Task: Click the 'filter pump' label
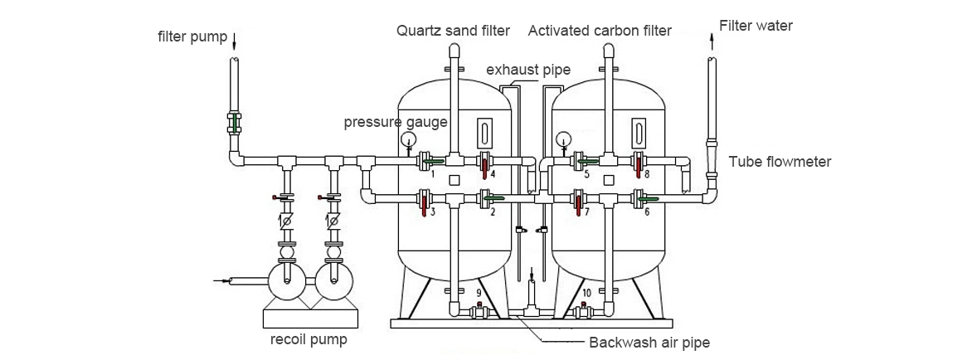tap(192, 36)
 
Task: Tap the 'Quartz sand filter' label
tap(452, 32)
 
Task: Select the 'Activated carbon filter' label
tap(600, 32)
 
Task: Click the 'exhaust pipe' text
tap(527, 70)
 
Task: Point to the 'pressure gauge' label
tap(396, 123)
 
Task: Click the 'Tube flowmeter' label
tap(779, 162)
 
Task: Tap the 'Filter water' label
tap(756, 26)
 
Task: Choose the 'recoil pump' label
tap(309, 339)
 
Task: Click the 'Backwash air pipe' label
tap(649, 342)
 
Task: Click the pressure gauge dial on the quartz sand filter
tap(408, 139)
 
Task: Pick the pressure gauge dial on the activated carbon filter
tap(564, 139)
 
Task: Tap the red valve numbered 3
tap(424, 202)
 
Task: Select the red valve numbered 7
tap(579, 202)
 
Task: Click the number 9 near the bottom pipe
tap(479, 294)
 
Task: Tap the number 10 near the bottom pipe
tap(586, 294)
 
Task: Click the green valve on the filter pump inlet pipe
tap(235, 123)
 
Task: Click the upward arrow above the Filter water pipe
tap(712, 37)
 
